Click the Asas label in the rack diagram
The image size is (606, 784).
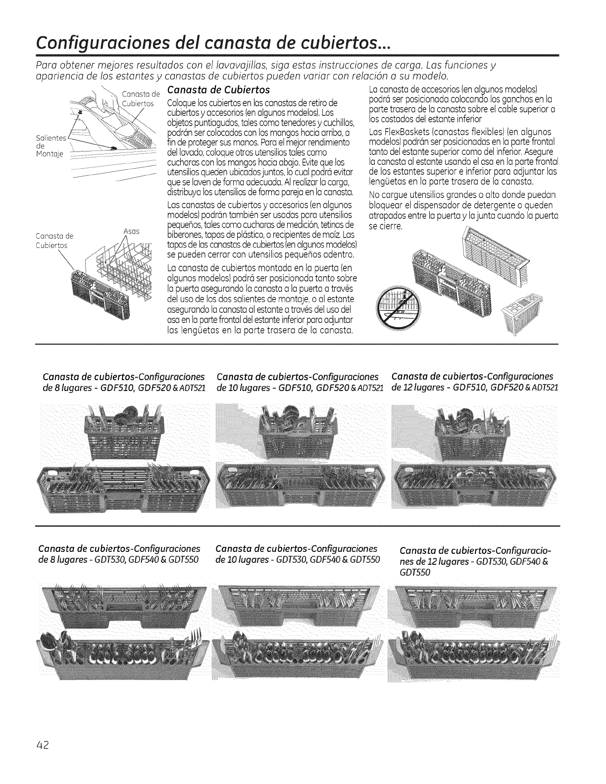point(130,231)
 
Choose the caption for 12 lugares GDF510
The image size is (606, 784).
point(475,381)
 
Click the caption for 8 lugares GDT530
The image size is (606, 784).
point(119,554)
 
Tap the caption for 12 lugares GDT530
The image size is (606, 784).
point(475,561)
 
